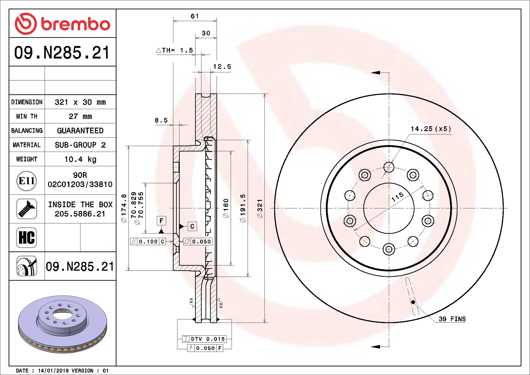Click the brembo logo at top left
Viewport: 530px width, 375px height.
62,24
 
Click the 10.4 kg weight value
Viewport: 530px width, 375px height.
80,159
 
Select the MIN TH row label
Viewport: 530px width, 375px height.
27,117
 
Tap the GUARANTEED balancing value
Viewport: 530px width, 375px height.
80,131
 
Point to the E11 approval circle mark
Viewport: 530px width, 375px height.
26,181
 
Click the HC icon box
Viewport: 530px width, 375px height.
26,237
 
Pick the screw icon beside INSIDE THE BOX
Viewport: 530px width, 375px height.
26,209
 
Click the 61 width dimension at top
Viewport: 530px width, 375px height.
195,16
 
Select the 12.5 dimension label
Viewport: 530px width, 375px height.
222,67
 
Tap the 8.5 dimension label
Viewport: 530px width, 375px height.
161,120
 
